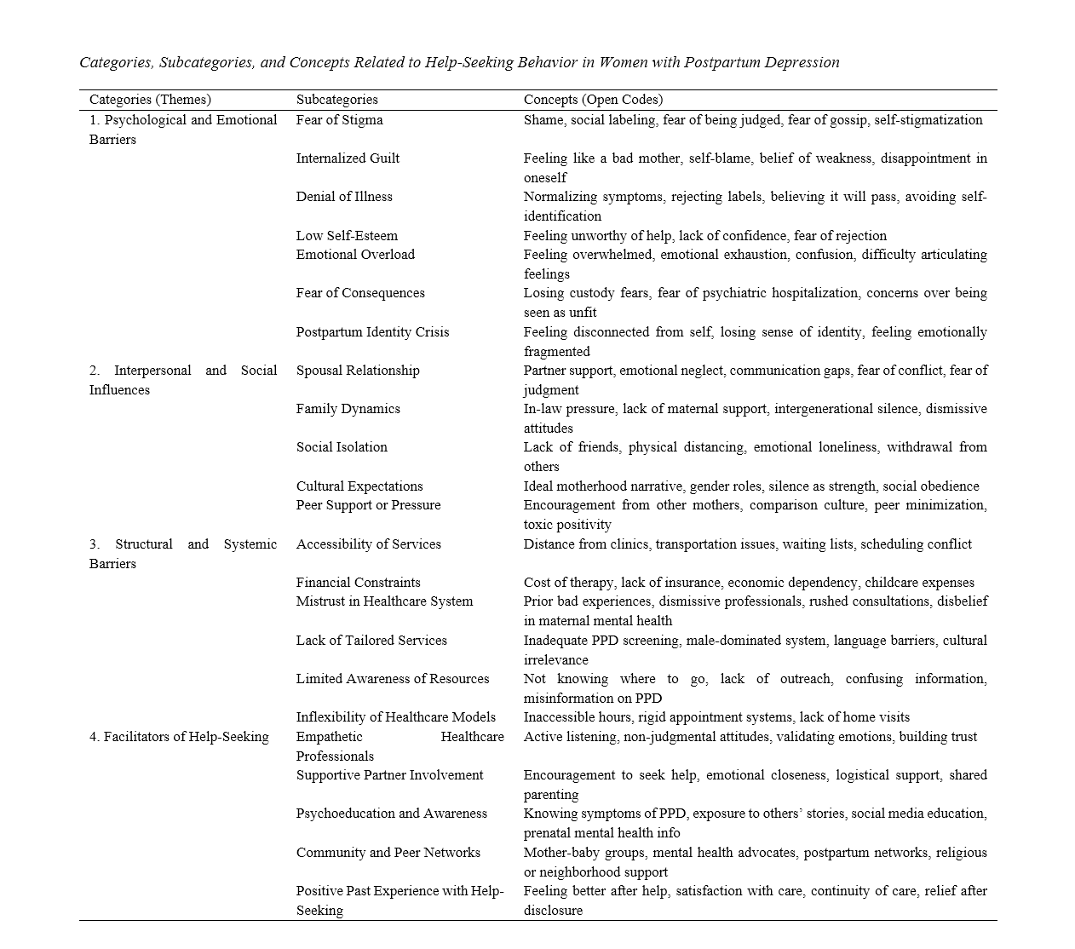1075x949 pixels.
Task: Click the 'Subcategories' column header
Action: [x=336, y=100]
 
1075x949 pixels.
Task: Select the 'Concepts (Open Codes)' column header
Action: [x=593, y=100]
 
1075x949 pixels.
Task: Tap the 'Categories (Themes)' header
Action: [x=150, y=100]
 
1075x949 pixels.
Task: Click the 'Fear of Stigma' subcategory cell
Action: [x=339, y=120]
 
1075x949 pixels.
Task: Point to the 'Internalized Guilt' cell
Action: [x=348, y=158]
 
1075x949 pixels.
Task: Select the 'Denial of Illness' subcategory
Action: [x=344, y=197]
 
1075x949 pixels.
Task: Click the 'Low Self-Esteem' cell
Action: [x=347, y=236]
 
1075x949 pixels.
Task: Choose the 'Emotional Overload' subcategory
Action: [x=355, y=255]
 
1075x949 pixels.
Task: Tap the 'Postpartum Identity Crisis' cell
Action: [x=372, y=332]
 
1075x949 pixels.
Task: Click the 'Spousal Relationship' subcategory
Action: [x=358, y=371]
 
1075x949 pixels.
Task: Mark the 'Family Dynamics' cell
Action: [x=348, y=409]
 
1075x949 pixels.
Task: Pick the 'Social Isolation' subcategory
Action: [x=342, y=447]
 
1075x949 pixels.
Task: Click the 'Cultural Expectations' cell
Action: [x=359, y=486]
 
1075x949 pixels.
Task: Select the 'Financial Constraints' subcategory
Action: [x=358, y=583]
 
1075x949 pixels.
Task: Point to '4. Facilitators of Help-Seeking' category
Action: [x=179, y=737]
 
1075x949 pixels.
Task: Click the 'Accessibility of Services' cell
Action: [x=368, y=544]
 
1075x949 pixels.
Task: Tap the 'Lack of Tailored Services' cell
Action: [x=371, y=641]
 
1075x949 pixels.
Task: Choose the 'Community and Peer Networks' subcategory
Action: [x=388, y=853]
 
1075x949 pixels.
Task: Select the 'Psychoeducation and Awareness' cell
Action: [x=392, y=814]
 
